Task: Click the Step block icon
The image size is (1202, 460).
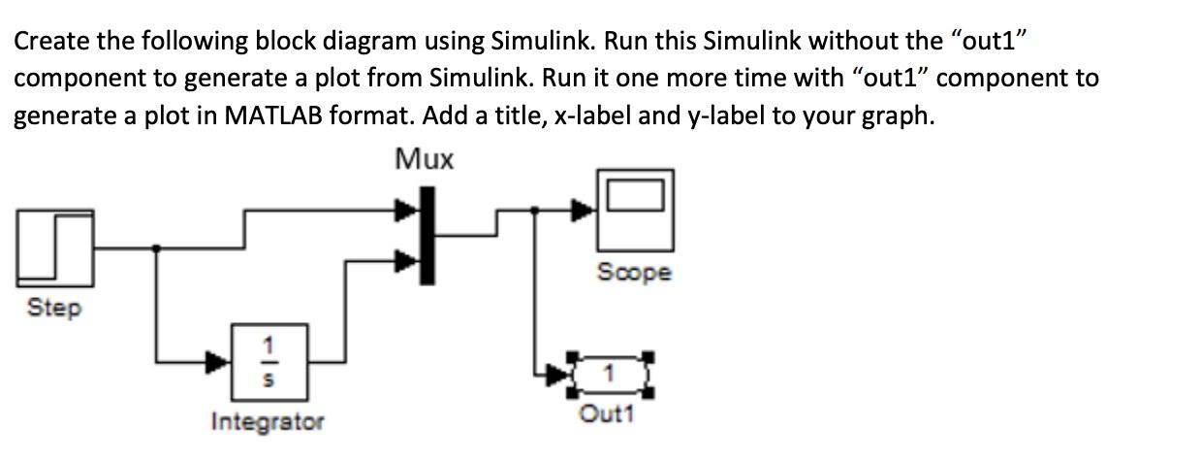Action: [x=54, y=248]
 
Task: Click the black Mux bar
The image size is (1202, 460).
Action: [x=426, y=236]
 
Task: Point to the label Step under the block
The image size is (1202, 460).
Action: [x=54, y=309]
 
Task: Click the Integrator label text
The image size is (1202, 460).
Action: [x=268, y=422]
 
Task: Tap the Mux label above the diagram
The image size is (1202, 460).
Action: [x=425, y=159]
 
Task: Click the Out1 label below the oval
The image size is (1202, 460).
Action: [x=606, y=414]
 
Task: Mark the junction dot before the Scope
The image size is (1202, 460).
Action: [x=534, y=210]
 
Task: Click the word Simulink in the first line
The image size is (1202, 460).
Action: [x=540, y=41]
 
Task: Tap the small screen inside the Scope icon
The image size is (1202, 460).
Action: [x=636, y=195]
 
